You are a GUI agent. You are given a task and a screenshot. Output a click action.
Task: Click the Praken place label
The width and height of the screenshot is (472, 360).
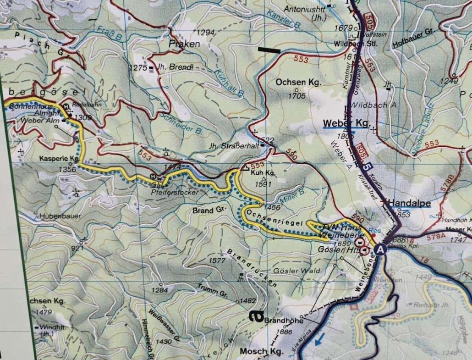(184, 44)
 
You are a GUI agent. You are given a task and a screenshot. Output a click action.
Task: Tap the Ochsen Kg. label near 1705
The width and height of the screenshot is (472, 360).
(298, 83)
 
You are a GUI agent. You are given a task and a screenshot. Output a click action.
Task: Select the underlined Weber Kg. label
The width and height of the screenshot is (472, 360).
(346, 123)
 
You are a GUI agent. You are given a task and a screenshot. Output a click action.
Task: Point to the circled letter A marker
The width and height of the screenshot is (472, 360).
(380, 249)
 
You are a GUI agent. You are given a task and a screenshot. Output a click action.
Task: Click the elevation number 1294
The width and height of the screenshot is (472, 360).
(205, 33)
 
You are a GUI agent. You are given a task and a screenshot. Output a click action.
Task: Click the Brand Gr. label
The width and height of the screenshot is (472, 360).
(209, 210)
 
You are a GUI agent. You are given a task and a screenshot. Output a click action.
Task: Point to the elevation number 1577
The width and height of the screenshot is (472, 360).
(217, 260)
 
